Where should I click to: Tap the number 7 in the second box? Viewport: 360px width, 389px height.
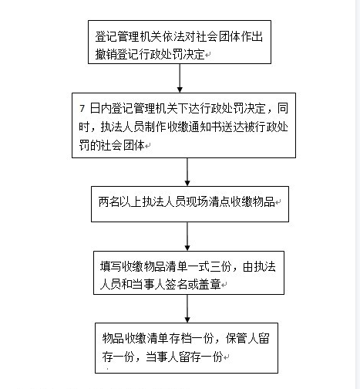click(x=82, y=109)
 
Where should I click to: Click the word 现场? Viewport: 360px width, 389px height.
click(x=197, y=202)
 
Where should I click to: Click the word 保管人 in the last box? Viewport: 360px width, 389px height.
click(x=247, y=338)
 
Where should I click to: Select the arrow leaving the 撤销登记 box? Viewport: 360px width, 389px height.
click(x=180, y=78)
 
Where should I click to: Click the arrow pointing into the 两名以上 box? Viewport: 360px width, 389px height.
click(x=187, y=172)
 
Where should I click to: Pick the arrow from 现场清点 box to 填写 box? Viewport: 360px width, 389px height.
click(x=187, y=236)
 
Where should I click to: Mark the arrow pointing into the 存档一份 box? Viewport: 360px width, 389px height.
click(x=187, y=309)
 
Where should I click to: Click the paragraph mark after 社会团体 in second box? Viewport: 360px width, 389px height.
click(x=147, y=146)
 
